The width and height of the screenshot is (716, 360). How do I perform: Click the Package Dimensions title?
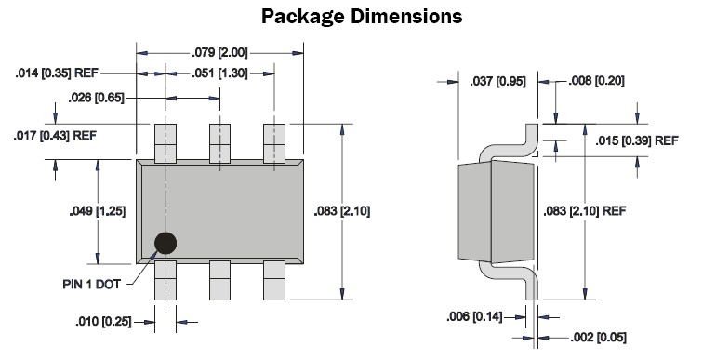[362, 17]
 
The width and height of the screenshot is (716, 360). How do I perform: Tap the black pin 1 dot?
[166, 243]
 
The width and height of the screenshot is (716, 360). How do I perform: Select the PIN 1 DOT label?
[92, 284]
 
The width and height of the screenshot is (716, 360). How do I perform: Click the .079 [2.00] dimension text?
[219, 52]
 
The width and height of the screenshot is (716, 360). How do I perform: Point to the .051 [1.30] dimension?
[219, 73]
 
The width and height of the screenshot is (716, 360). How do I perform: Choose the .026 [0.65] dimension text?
[97, 98]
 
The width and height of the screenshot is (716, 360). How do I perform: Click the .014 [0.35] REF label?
[57, 73]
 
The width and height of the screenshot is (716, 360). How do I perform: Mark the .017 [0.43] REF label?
[55, 136]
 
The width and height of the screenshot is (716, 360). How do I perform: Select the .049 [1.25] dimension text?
[98, 211]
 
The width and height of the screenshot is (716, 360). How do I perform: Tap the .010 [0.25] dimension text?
[103, 322]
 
